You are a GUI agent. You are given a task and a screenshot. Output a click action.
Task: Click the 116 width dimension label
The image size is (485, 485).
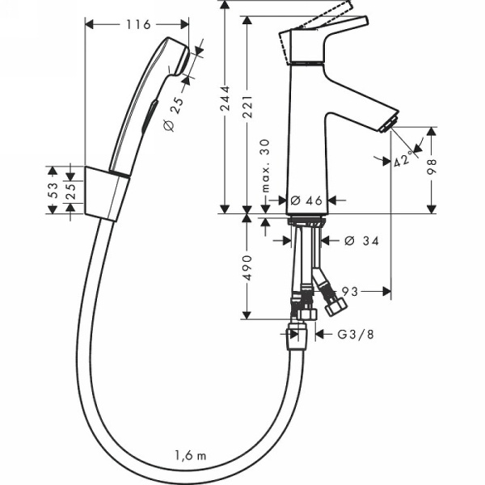click(x=137, y=24)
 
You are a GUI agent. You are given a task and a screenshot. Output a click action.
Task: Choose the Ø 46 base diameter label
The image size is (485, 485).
click(x=306, y=200)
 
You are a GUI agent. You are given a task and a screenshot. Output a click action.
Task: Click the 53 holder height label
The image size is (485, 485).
click(x=53, y=191)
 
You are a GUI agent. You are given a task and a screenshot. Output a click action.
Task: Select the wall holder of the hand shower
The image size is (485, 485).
click(x=105, y=194)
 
